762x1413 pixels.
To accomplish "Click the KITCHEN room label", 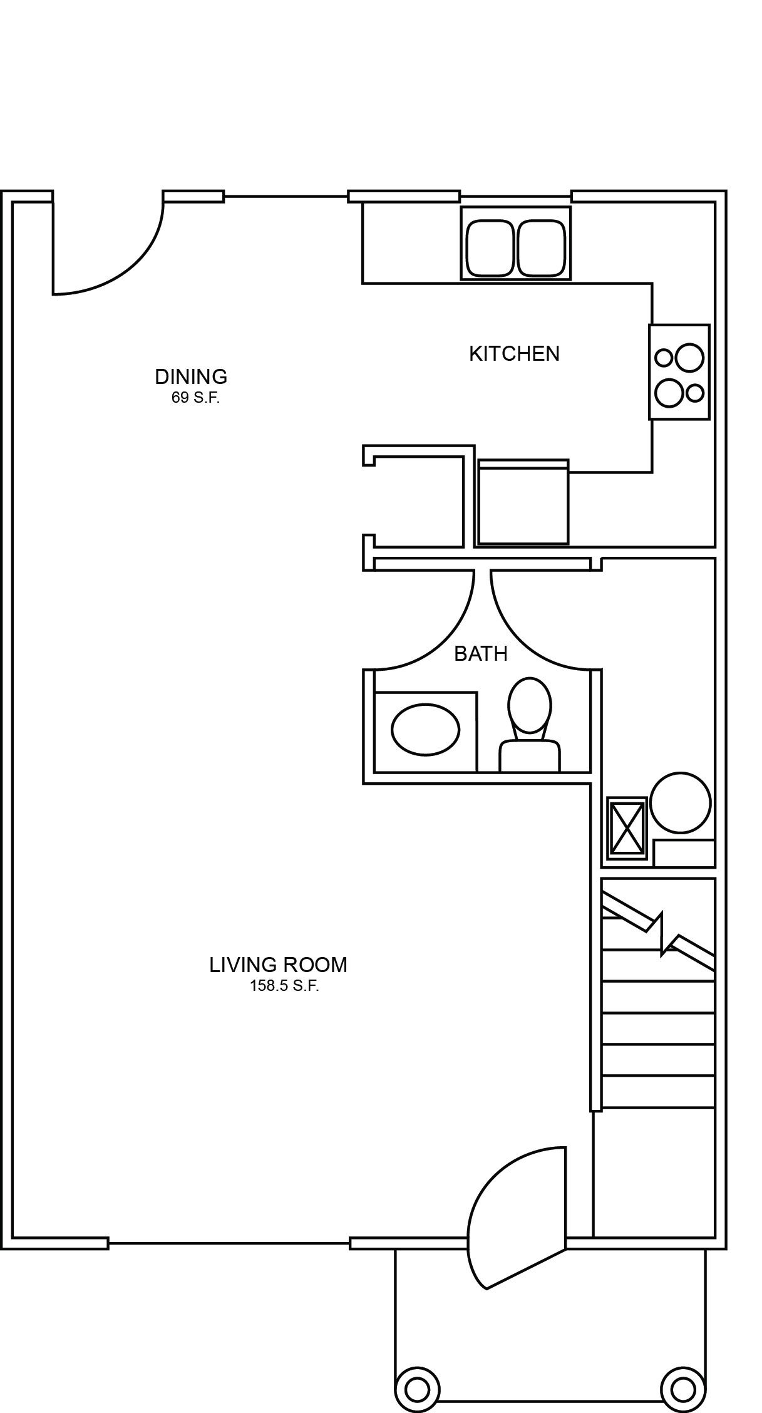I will coord(514,354).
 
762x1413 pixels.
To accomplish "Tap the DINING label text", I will coord(191,376).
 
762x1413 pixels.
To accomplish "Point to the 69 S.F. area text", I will coord(195,398).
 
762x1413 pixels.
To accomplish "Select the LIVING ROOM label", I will coord(278,965).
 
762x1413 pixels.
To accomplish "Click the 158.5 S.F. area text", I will coord(284,986).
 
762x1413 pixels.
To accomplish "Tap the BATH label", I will coord(480,654).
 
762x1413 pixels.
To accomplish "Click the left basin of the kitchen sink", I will coord(490,248).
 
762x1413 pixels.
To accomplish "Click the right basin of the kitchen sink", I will coord(542,248).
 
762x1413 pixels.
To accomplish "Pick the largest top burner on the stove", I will coord(688,358).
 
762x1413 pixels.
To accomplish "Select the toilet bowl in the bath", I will coord(530,705).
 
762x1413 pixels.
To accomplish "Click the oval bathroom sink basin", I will coord(425,729).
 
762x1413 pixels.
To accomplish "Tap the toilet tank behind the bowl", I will coord(529,756).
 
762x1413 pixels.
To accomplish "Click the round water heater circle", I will coord(680,803).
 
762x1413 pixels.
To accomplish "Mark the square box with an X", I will coord(627,829).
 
